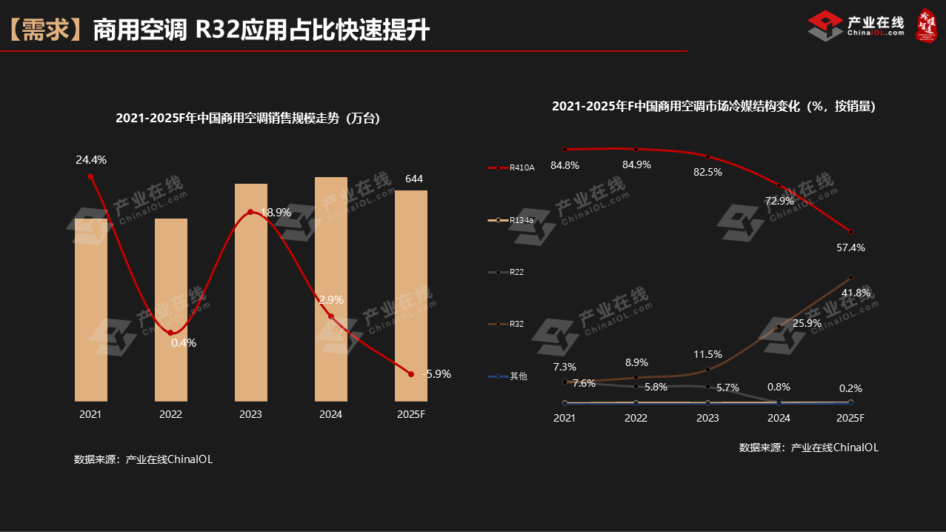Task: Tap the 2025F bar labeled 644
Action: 410,296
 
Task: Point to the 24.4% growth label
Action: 91,159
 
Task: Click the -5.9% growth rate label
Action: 436,374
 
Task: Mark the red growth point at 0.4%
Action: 170,333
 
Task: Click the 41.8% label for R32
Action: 856,293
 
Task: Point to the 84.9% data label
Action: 636,164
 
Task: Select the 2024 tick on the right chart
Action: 779,418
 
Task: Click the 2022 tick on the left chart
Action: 170,414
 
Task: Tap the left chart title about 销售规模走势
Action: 247,118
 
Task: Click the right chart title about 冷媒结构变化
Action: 713,107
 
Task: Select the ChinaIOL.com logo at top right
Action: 856,26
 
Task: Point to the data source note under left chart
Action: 143,459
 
